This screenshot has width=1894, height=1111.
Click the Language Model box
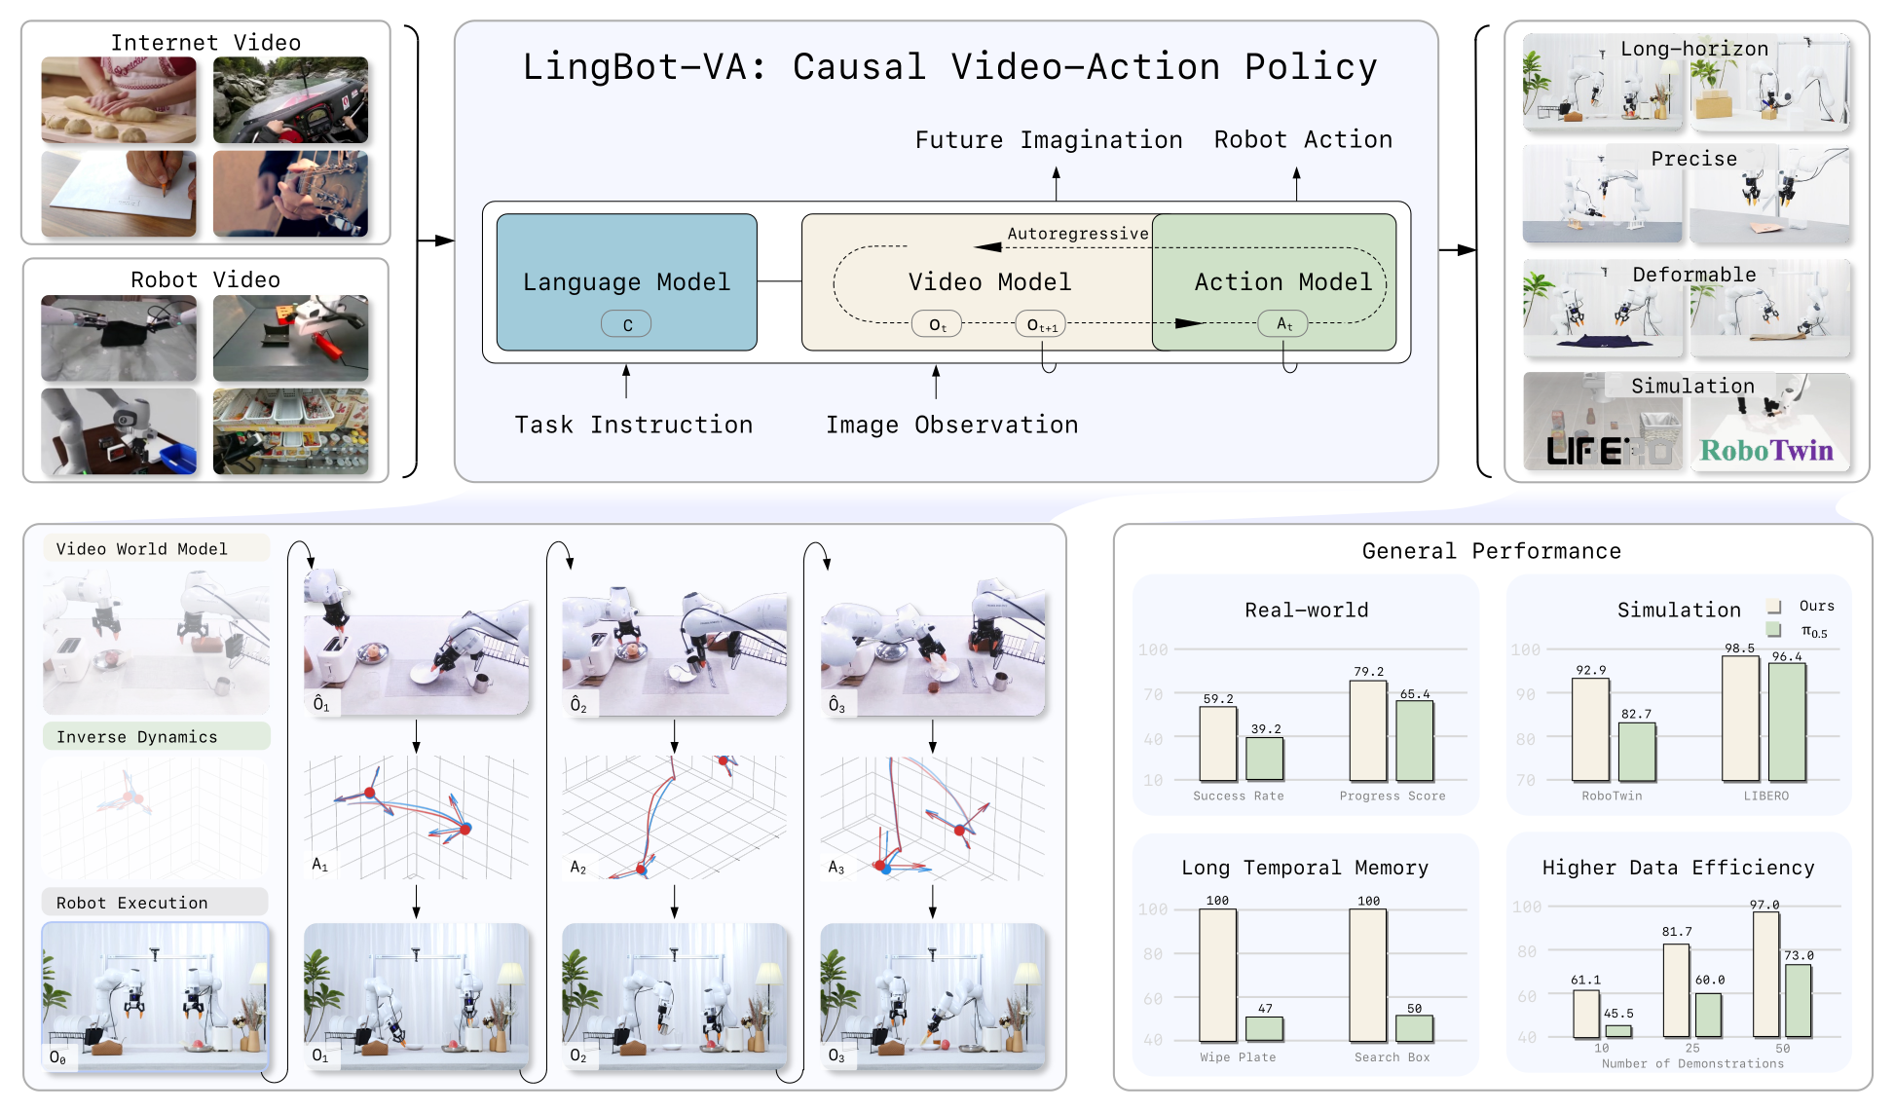point(626,281)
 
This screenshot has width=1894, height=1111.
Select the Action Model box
point(1274,281)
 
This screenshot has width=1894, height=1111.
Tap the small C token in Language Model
point(626,324)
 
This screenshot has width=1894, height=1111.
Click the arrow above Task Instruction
point(626,381)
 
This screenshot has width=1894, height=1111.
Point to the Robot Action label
point(1303,140)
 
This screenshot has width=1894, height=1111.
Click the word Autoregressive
point(1078,234)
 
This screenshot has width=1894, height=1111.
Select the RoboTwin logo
point(1766,450)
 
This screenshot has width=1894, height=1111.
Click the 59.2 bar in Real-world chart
point(1218,743)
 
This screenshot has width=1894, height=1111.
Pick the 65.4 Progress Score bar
point(1415,740)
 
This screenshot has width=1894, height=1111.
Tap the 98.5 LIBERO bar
point(1740,719)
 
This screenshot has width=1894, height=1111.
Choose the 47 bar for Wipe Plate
point(1264,1028)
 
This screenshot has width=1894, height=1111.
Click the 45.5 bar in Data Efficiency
point(1618,1031)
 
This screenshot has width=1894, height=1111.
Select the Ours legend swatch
point(1774,606)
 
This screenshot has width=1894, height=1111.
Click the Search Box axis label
point(1392,1057)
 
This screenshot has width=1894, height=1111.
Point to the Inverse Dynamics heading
point(137,737)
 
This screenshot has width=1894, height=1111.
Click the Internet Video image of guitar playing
point(290,193)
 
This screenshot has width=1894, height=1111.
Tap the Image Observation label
point(951,426)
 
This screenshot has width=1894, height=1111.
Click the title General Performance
point(1491,551)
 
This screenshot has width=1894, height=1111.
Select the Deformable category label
point(1693,275)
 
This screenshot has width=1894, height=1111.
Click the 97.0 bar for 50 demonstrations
point(1766,974)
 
